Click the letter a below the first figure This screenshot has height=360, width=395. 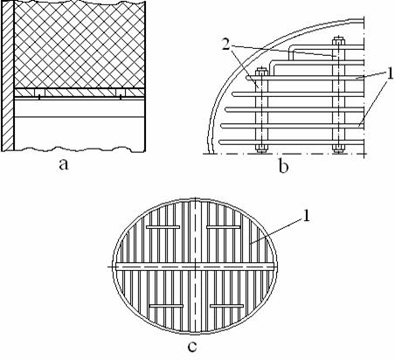pyautogui.click(x=64, y=164)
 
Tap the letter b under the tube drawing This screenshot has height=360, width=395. pyautogui.click(x=283, y=167)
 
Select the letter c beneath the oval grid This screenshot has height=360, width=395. pyautogui.click(x=192, y=347)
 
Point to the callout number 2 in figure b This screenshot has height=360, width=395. pyautogui.click(x=226, y=44)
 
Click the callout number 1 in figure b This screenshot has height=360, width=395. pyautogui.click(x=389, y=73)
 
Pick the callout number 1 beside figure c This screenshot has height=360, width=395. pyautogui.click(x=306, y=216)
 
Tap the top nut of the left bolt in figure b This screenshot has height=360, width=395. pyautogui.click(x=261, y=71)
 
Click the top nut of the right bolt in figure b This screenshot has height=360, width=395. pyautogui.click(x=338, y=40)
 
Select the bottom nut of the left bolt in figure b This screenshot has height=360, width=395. pyautogui.click(x=261, y=149)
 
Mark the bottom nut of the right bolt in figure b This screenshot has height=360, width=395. pyautogui.click(x=338, y=149)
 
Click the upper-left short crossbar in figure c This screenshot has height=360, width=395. pyautogui.click(x=163, y=227)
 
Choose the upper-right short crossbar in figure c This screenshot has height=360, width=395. pyautogui.click(x=224, y=227)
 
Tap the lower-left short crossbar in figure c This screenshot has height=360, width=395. pyautogui.click(x=166, y=306)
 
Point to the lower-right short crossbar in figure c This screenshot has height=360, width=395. pyautogui.click(x=226, y=306)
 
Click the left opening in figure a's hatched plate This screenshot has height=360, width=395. pyautogui.click(x=39, y=93)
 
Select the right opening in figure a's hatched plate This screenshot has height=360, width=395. pyautogui.click(x=121, y=93)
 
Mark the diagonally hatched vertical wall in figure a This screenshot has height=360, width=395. pyautogui.click(x=7, y=76)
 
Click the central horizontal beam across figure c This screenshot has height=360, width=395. pyautogui.click(x=195, y=267)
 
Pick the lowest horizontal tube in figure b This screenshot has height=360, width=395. pyautogui.click(x=291, y=142)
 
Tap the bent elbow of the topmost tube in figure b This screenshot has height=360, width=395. pyautogui.click(x=291, y=50)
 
